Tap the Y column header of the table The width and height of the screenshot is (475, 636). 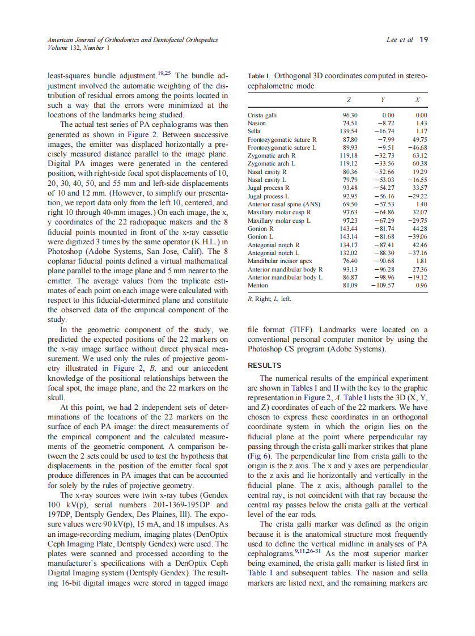383,100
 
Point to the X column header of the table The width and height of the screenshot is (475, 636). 417,100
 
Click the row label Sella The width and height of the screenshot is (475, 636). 254,131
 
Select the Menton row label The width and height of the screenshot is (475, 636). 258,285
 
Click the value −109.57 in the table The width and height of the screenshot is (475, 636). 383,285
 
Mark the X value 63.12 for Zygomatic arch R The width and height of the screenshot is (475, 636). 419,155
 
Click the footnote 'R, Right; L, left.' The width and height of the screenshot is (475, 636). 269,299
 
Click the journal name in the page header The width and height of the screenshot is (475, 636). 133,40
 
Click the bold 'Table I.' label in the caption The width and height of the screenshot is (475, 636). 260,76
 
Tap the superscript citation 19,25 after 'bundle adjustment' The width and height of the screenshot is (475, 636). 164,73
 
